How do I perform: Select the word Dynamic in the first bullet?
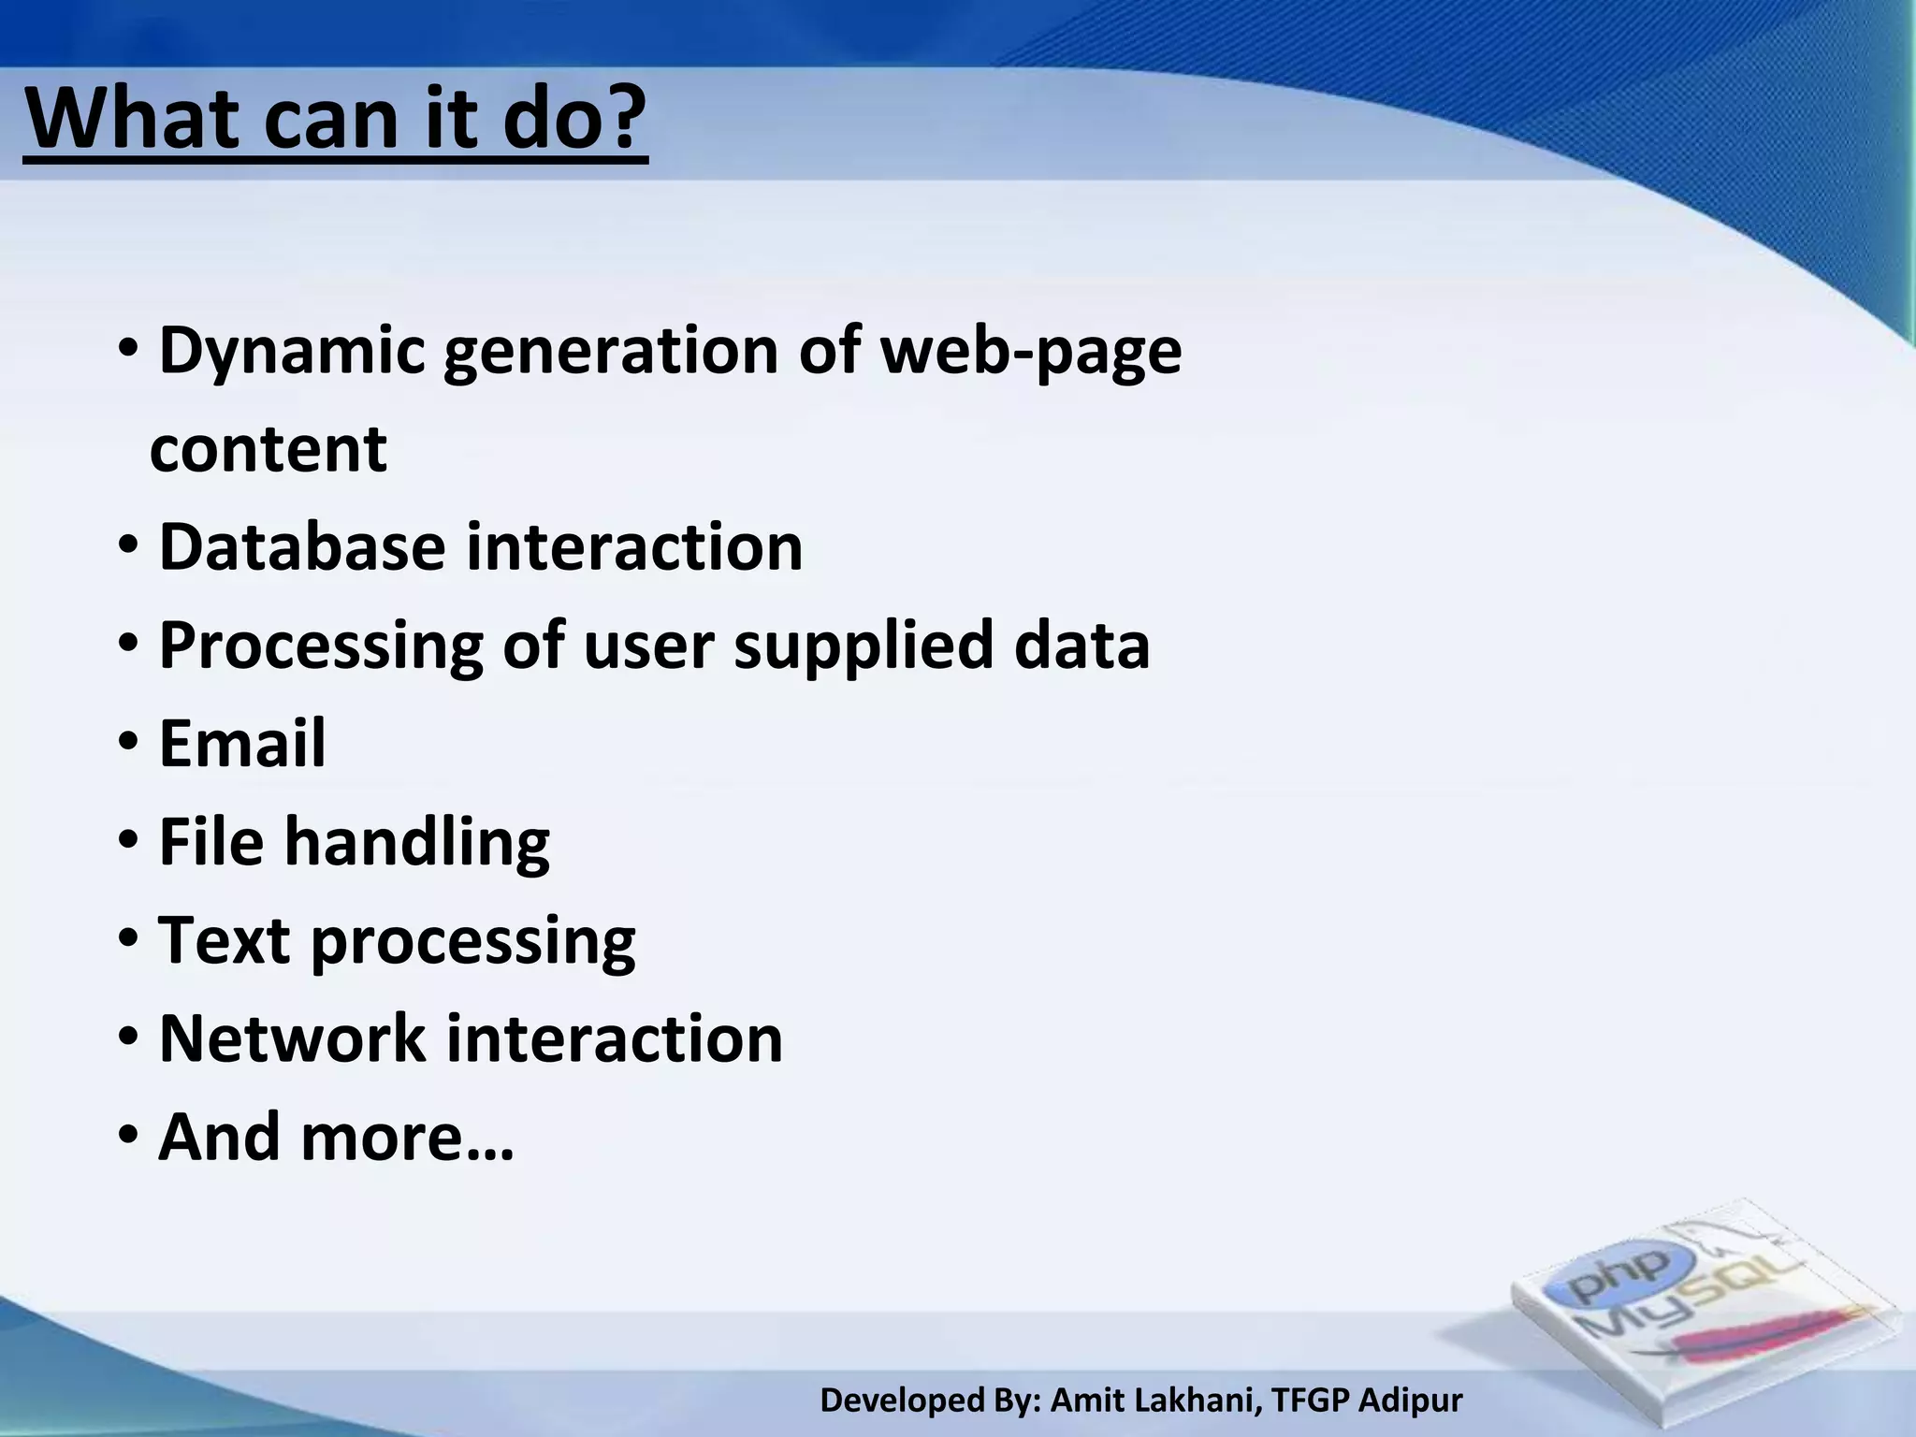[x=291, y=353]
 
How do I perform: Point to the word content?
[x=269, y=449]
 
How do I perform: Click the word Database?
[x=302, y=546]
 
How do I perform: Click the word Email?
[x=242, y=744]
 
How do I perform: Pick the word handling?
[x=417, y=842]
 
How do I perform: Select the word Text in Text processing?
[x=224, y=940]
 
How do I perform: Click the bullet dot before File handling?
[x=129, y=842]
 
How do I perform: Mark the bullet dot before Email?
[x=129, y=744]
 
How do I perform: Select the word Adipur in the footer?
[x=1410, y=1401]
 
